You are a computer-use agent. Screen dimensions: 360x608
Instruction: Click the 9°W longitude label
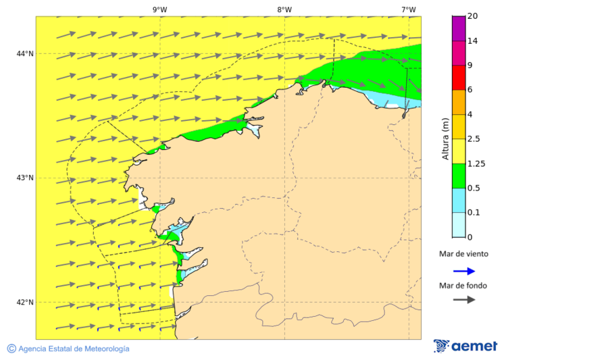tap(159, 9)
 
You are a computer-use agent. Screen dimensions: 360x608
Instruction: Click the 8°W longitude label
tap(284, 9)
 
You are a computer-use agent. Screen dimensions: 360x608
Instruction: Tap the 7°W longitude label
tap(408, 9)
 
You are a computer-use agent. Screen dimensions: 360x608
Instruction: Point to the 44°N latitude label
tap(25, 53)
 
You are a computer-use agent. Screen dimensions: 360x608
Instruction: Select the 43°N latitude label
tap(25, 178)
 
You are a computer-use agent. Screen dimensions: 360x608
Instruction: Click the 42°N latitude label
tap(25, 302)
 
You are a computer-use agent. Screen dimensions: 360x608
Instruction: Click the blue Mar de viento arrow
tap(464, 271)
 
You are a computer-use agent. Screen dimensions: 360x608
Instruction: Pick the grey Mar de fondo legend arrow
tap(464, 300)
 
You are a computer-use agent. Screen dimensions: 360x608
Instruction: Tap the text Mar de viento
tap(463, 255)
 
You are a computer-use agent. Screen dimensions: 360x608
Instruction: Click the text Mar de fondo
tap(463, 286)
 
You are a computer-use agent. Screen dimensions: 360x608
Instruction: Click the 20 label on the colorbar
tap(473, 16)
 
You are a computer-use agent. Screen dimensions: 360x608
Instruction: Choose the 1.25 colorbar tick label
tap(477, 163)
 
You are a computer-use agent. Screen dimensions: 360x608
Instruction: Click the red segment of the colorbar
tap(459, 78)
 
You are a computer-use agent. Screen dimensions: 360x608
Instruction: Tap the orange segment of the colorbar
tap(459, 102)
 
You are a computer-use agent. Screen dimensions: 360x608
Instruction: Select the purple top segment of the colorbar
tap(459, 28)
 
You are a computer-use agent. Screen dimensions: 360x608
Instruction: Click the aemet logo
tap(465, 346)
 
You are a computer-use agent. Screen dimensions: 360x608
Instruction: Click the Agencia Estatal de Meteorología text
tap(74, 349)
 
